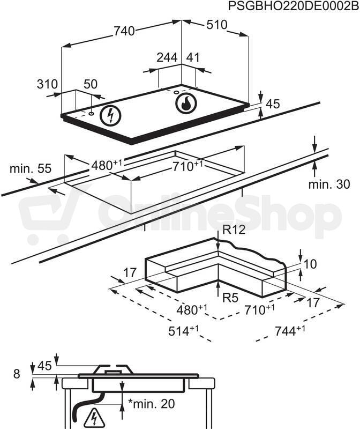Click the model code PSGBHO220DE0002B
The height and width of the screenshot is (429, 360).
click(x=293, y=6)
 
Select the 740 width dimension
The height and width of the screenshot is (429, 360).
click(x=124, y=31)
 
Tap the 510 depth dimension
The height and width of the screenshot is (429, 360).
click(x=217, y=25)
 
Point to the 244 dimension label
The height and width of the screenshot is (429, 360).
click(x=167, y=57)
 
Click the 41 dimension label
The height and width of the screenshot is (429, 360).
click(x=193, y=57)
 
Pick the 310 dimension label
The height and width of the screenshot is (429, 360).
click(x=47, y=84)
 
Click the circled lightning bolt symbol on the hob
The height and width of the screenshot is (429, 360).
click(x=110, y=115)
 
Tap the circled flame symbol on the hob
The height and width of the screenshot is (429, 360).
click(x=186, y=103)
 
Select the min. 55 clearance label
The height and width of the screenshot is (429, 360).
click(x=31, y=168)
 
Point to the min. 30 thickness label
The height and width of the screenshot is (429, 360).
click(x=329, y=184)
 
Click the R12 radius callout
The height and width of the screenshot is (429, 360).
click(x=234, y=230)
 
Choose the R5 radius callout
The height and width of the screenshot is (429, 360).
click(x=231, y=298)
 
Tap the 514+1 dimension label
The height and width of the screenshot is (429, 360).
click(x=183, y=331)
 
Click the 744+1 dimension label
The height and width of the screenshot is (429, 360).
click(x=290, y=330)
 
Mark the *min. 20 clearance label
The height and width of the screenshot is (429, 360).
click(x=152, y=404)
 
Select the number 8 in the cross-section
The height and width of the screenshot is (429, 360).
click(x=17, y=374)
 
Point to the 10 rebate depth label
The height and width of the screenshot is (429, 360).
click(x=310, y=264)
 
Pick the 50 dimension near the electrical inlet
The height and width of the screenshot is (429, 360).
click(x=91, y=84)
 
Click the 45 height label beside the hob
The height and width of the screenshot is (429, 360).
click(x=273, y=104)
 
